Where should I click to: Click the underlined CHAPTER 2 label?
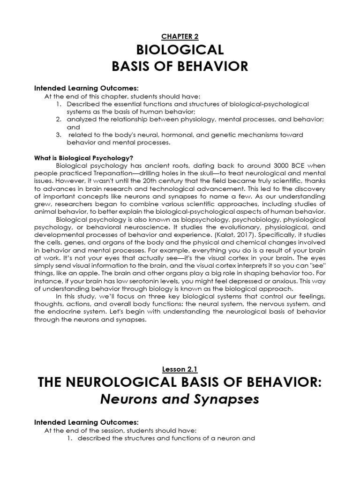[x=180, y=35]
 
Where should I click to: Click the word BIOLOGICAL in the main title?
[x=180, y=50]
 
